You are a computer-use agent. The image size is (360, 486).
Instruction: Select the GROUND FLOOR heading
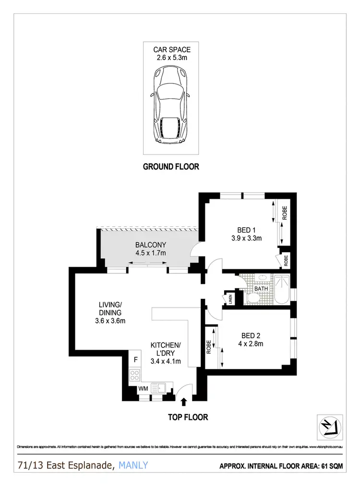(171, 167)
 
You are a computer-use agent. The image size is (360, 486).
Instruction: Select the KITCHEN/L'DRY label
(166, 349)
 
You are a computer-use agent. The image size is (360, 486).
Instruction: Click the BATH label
(261, 289)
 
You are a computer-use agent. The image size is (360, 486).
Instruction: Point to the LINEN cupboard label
(230, 299)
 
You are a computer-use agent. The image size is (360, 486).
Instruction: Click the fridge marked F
(136, 359)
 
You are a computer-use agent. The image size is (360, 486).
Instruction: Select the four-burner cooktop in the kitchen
(135, 375)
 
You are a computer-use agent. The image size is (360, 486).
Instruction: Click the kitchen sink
(158, 388)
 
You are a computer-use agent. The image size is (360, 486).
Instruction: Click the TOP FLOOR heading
(188, 417)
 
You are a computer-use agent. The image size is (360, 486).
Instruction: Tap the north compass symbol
(329, 425)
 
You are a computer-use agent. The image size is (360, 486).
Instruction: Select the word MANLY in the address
(133, 465)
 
